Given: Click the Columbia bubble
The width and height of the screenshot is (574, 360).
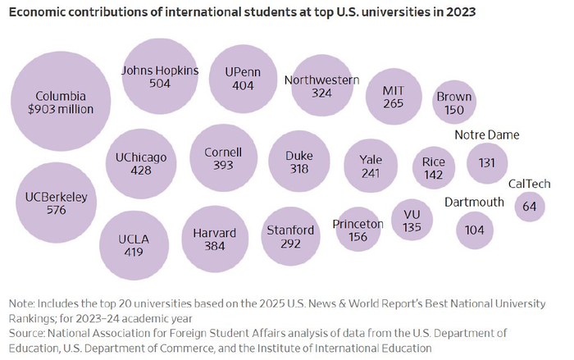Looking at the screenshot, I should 60,101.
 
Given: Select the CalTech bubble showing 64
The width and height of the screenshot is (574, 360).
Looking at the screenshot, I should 530,207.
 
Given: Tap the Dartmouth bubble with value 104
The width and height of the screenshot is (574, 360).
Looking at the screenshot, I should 474,230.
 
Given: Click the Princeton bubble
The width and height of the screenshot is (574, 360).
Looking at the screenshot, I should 358,230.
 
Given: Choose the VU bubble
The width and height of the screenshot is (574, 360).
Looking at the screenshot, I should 412,221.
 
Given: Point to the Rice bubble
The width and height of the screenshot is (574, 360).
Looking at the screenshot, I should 433,168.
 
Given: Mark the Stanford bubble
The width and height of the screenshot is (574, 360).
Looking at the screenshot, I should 290,237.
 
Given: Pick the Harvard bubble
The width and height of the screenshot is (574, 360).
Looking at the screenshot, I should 214,239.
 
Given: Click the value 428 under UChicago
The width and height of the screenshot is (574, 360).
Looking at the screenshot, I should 141,170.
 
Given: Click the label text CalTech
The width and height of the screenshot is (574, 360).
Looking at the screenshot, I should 529,184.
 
